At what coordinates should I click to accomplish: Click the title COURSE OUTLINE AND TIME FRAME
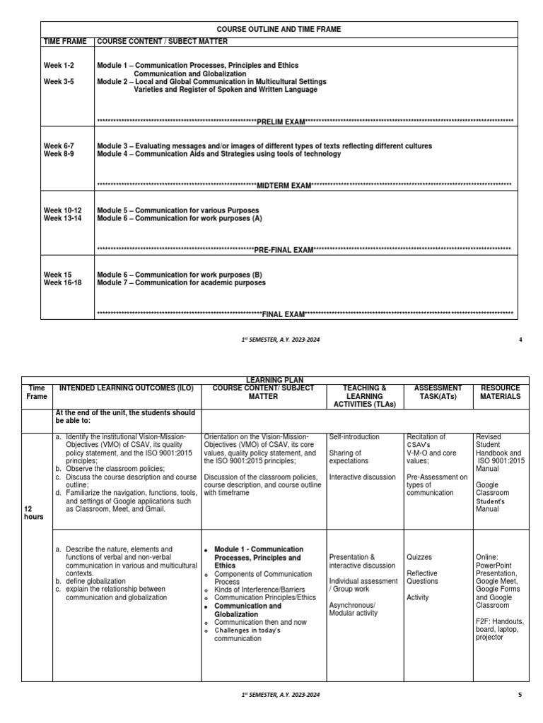(x=279, y=30)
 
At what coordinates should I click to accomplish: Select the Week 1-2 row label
(x=59, y=65)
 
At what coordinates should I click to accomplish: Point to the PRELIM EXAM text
(x=280, y=121)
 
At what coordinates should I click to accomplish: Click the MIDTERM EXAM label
(x=284, y=186)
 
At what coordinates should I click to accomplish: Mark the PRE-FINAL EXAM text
(x=284, y=249)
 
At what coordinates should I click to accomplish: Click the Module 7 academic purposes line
(x=181, y=282)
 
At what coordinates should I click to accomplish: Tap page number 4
(x=520, y=340)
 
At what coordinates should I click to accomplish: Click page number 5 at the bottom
(x=520, y=695)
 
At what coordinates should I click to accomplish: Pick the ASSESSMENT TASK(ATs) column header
(x=437, y=392)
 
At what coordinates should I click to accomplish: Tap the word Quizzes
(x=420, y=557)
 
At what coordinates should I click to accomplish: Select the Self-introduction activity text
(x=354, y=437)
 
